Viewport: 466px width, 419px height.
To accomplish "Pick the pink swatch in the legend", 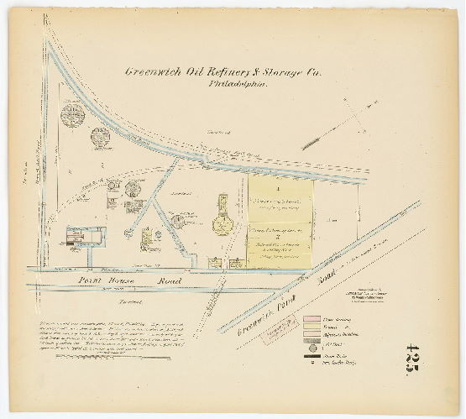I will (x=312, y=320).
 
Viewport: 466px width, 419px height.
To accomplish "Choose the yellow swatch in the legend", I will (x=312, y=330).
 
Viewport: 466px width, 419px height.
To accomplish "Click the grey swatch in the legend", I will (x=312, y=340).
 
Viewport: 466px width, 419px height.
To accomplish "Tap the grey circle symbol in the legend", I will (x=312, y=351).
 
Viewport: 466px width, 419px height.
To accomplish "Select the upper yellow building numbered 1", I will (x=280, y=200).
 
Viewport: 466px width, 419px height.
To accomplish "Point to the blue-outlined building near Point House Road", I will (x=84, y=237).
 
